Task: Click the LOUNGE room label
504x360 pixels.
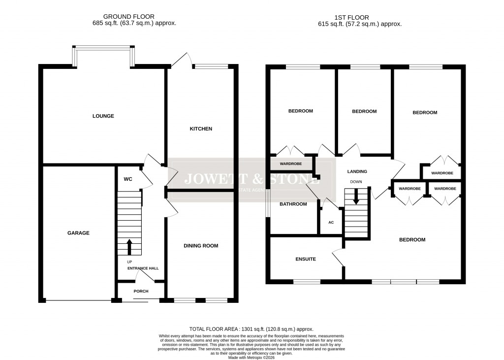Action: (x=103, y=116)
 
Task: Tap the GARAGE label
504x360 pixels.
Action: (x=78, y=233)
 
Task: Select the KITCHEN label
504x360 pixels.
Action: (x=201, y=129)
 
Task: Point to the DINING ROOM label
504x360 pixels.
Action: (x=201, y=246)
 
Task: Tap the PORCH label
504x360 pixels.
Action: (x=141, y=291)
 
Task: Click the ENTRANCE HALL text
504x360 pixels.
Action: (x=143, y=268)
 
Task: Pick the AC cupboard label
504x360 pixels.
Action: (x=331, y=223)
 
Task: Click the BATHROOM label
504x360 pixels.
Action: (x=293, y=204)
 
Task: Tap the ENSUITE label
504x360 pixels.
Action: (x=306, y=259)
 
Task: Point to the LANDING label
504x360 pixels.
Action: (x=357, y=171)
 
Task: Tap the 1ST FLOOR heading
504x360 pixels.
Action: (x=360, y=17)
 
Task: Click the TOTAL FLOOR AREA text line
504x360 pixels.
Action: (x=252, y=329)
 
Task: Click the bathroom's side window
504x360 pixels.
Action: (x=268, y=203)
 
